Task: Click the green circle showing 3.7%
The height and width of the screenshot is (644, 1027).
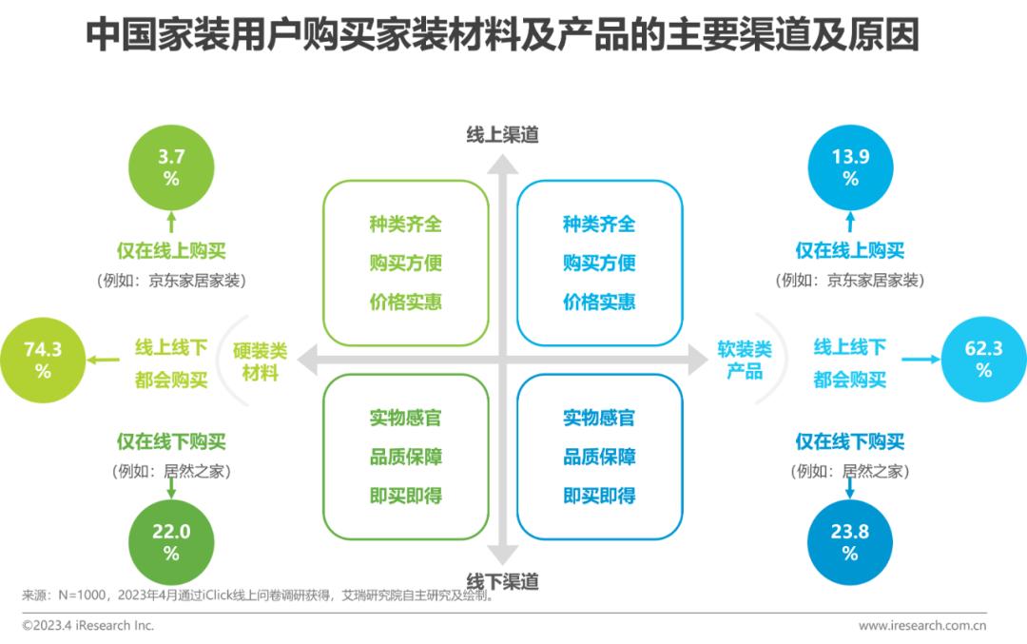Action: click(171, 167)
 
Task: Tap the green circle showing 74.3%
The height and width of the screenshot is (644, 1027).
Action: click(43, 361)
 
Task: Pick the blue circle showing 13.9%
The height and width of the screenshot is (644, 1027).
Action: click(850, 167)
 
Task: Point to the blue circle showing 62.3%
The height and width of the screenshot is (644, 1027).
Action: click(983, 361)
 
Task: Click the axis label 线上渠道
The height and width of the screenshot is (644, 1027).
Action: click(502, 135)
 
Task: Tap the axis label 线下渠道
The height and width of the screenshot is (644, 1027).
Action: click(502, 580)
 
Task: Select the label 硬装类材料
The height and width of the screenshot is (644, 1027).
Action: click(260, 361)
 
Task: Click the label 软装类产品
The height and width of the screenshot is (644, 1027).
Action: click(745, 361)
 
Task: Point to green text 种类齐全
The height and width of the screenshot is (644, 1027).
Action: click(406, 224)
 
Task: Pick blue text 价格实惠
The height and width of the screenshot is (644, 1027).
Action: click(599, 302)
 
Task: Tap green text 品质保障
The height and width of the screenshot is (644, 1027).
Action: click(406, 457)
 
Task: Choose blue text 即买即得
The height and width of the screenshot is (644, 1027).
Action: click(599, 496)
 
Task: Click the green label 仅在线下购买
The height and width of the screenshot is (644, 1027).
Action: click(171, 442)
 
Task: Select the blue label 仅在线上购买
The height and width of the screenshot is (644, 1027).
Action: click(850, 251)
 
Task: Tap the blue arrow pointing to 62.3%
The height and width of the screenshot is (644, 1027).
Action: click(920, 360)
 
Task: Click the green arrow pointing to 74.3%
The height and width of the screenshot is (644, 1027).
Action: click(104, 360)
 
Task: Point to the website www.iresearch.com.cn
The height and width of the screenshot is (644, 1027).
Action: click(921, 626)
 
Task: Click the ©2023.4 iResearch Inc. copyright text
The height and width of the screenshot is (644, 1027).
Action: click(87, 626)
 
